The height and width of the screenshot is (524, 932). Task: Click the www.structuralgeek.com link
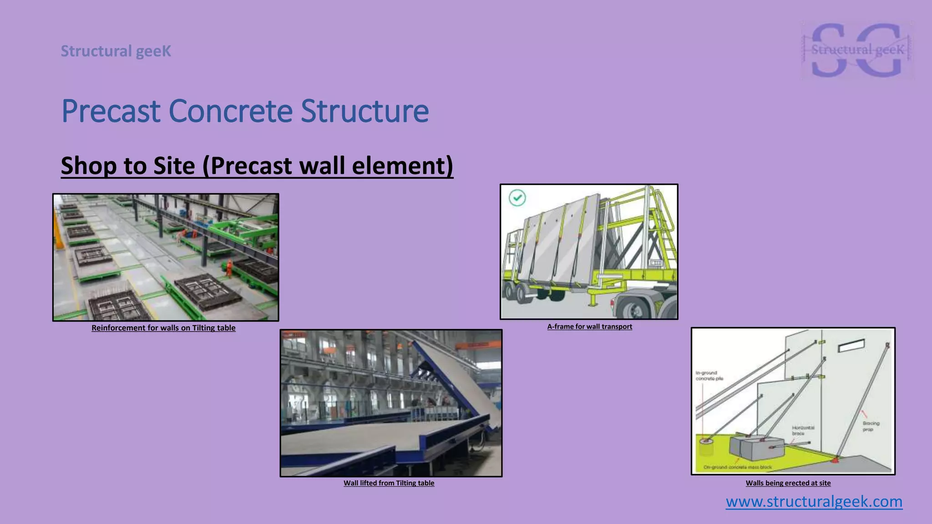pos(814,502)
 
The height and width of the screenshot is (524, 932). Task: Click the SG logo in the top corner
pos(857,50)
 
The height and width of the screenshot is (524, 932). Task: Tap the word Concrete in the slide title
pos(230,111)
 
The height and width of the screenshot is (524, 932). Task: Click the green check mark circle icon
pos(517,198)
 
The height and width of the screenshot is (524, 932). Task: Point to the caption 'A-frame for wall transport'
pos(589,327)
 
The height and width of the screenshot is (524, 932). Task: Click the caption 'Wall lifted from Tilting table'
pos(389,483)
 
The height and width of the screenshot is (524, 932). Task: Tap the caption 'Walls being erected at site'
pos(788,483)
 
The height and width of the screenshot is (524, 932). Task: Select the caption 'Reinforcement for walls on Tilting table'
pos(163,328)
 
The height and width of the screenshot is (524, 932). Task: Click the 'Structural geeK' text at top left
pos(116,51)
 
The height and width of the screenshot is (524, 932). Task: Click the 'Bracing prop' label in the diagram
pos(871,426)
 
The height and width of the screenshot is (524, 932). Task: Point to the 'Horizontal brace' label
pos(803,430)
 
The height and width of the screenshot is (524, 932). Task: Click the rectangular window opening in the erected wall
pos(851,346)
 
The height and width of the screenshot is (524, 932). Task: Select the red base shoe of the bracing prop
pos(836,460)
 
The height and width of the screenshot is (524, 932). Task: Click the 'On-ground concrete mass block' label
pos(737,467)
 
